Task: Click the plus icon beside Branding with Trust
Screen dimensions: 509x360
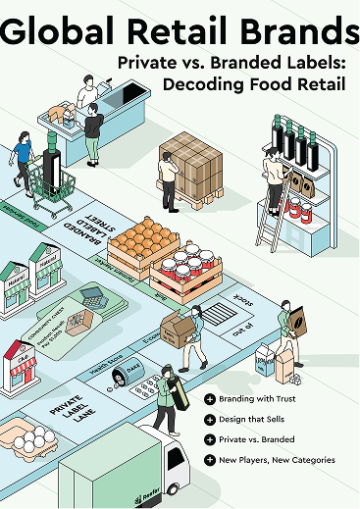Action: (x=210, y=399)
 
